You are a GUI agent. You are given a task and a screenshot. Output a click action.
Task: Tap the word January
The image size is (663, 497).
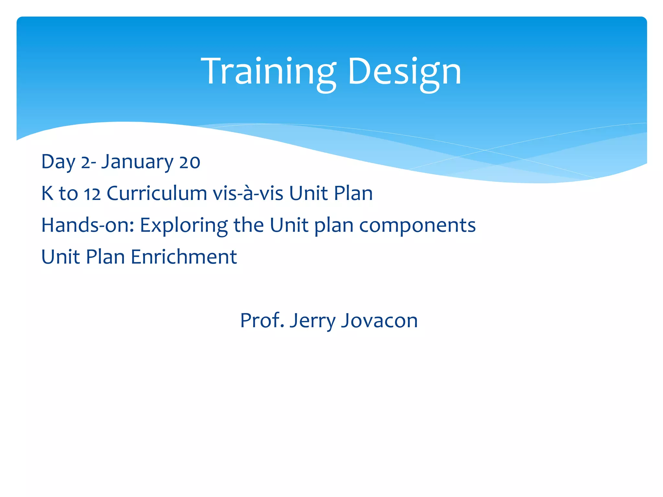coord(137,162)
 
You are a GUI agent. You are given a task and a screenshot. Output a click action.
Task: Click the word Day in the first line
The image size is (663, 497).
coord(58,162)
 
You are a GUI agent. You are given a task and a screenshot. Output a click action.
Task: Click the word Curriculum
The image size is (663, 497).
coord(157,193)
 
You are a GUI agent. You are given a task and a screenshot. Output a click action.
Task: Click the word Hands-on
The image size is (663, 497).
coord(87,225)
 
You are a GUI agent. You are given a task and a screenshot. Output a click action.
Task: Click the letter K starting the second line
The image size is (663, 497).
coord(47,193)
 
